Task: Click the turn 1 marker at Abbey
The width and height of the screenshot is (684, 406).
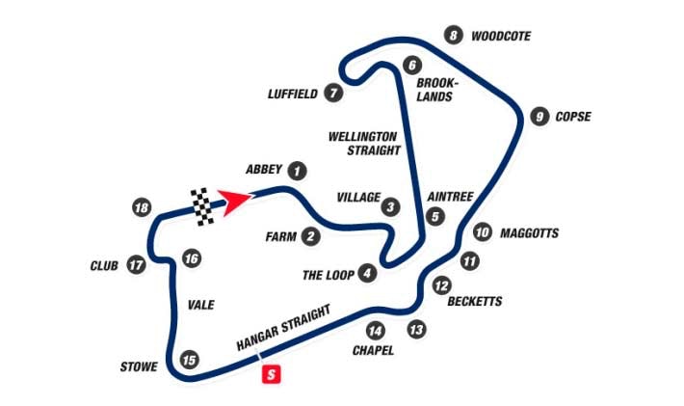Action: tap(298, 170)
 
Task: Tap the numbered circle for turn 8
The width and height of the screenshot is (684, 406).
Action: tap(454, 37)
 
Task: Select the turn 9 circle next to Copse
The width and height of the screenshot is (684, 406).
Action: tap(539, 117)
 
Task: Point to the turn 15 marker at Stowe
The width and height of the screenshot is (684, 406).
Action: tap(190, 360)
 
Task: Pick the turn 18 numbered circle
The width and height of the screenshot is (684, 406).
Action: tap(143, 208)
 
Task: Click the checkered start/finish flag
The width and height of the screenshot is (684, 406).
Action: tap(202, 206)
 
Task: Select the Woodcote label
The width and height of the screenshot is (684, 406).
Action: tap(501, 37)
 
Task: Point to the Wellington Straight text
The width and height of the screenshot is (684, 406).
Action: tap(364, 143)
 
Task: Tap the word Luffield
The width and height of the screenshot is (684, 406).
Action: tap(292, 95)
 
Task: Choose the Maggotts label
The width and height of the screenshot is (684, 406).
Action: tap(529, 233)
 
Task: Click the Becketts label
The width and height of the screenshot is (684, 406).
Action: tap(475, 301)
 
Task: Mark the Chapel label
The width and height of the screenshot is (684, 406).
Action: tap(374, 350)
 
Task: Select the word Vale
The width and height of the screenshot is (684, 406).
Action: tap(200, 305)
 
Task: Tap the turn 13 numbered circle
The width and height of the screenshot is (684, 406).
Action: tap(416, 330)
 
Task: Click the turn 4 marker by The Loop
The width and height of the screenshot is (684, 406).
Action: tap(367, 274)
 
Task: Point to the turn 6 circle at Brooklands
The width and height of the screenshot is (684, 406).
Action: tap(412, 66)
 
